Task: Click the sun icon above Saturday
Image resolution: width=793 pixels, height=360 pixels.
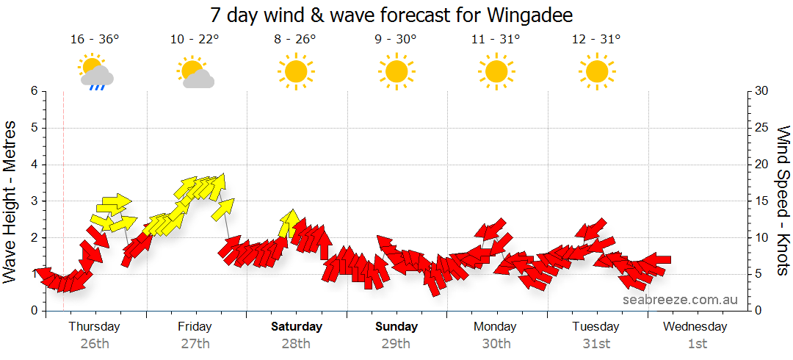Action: pyautogui.click(x=295, y=71)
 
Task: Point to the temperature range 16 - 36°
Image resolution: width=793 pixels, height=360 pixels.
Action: pyautogui.click(x=95, y=40)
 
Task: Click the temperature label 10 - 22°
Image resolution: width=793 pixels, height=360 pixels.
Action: pyautogui.click(x=195, y=40)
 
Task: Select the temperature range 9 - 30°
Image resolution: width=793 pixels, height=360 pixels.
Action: pyautogui.click(x=396, y=40)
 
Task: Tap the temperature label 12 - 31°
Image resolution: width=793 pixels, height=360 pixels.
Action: pyautogui.click(x=596, y=40)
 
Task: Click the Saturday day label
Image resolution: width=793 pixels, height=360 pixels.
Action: pyautogui.click(x=296, y=327)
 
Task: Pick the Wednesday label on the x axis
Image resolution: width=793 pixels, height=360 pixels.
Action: pyautogui.click(x=695, y=327)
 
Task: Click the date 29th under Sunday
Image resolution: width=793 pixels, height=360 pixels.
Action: pyautogui.click(x=396, y=343)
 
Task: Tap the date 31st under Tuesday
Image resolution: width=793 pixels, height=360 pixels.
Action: pyautogui.click(x=596, y=343)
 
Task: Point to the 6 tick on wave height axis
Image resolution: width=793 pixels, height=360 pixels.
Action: pyautogui.click(x=33, y=91)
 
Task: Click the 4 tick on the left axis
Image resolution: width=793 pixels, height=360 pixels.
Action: pyautogui.click(x=33, y=165)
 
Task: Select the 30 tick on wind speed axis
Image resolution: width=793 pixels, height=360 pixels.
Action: pyautogui.click(x=761, y=91)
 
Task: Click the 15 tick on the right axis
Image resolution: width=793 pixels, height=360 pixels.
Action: pyautogui.click(x=761, y=201)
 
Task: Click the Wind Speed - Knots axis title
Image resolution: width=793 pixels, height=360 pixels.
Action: pyautogui.click(x=782, y=201)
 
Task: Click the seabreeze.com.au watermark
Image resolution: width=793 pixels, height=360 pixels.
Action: pyautogui.click(x=680, y=300)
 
